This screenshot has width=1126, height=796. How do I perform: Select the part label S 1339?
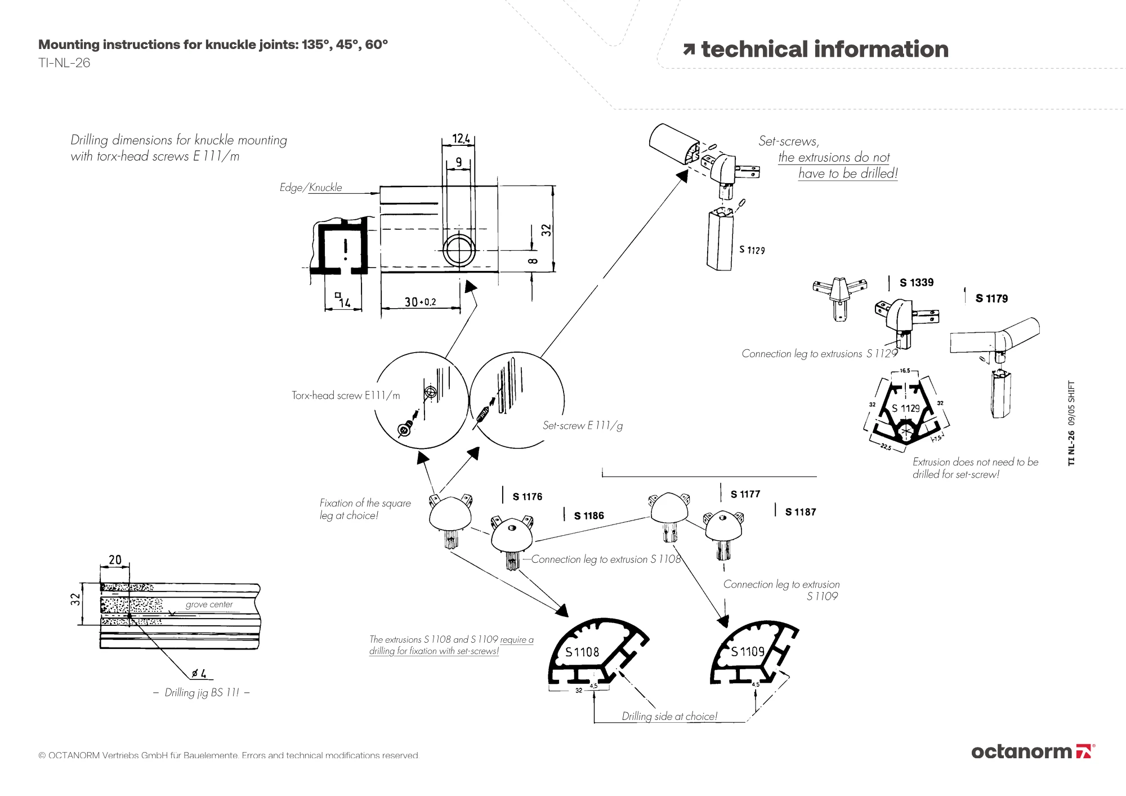pyautogui.click(x=916, y=283)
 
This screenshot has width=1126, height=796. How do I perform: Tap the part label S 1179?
pyautogui.click(x=991, y=299)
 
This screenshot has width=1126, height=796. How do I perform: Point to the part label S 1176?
pyautogui.click(x=527, y=497)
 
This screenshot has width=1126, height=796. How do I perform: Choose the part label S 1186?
pyautogui.click(x=588, y=516)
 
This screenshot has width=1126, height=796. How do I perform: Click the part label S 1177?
pyautogui.click(x=745, y=495)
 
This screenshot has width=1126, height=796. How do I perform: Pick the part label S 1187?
pyautogui.click(x=800, y=512)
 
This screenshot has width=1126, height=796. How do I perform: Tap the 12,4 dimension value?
pyautogui.click(x=461, y=139)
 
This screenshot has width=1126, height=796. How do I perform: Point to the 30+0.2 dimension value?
pyautogui.click(x=420, y=302)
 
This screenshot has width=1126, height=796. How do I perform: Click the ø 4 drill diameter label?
pyautogui.click(x=199, y=673)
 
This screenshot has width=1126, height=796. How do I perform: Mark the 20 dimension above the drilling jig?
pyautogui.click(x=115, y=560)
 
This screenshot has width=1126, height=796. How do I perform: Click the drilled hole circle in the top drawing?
pyautogui.click(x=459, y=251)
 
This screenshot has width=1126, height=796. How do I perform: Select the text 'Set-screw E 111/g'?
pyautogui.click(x=582, y=426)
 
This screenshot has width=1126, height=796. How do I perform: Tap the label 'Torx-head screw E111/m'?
pyautogui.click(x=346, y=395)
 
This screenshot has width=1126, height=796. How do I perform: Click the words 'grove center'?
pyautogui.click(x=209, y=604)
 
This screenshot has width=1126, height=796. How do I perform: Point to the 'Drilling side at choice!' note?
pyautogui.click(x=669, y=717)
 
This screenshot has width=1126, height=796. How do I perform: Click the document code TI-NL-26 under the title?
pyautogui.click(x=64, y=63)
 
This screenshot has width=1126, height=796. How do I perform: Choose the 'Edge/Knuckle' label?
pyautogui.click(x=311, y=188)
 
